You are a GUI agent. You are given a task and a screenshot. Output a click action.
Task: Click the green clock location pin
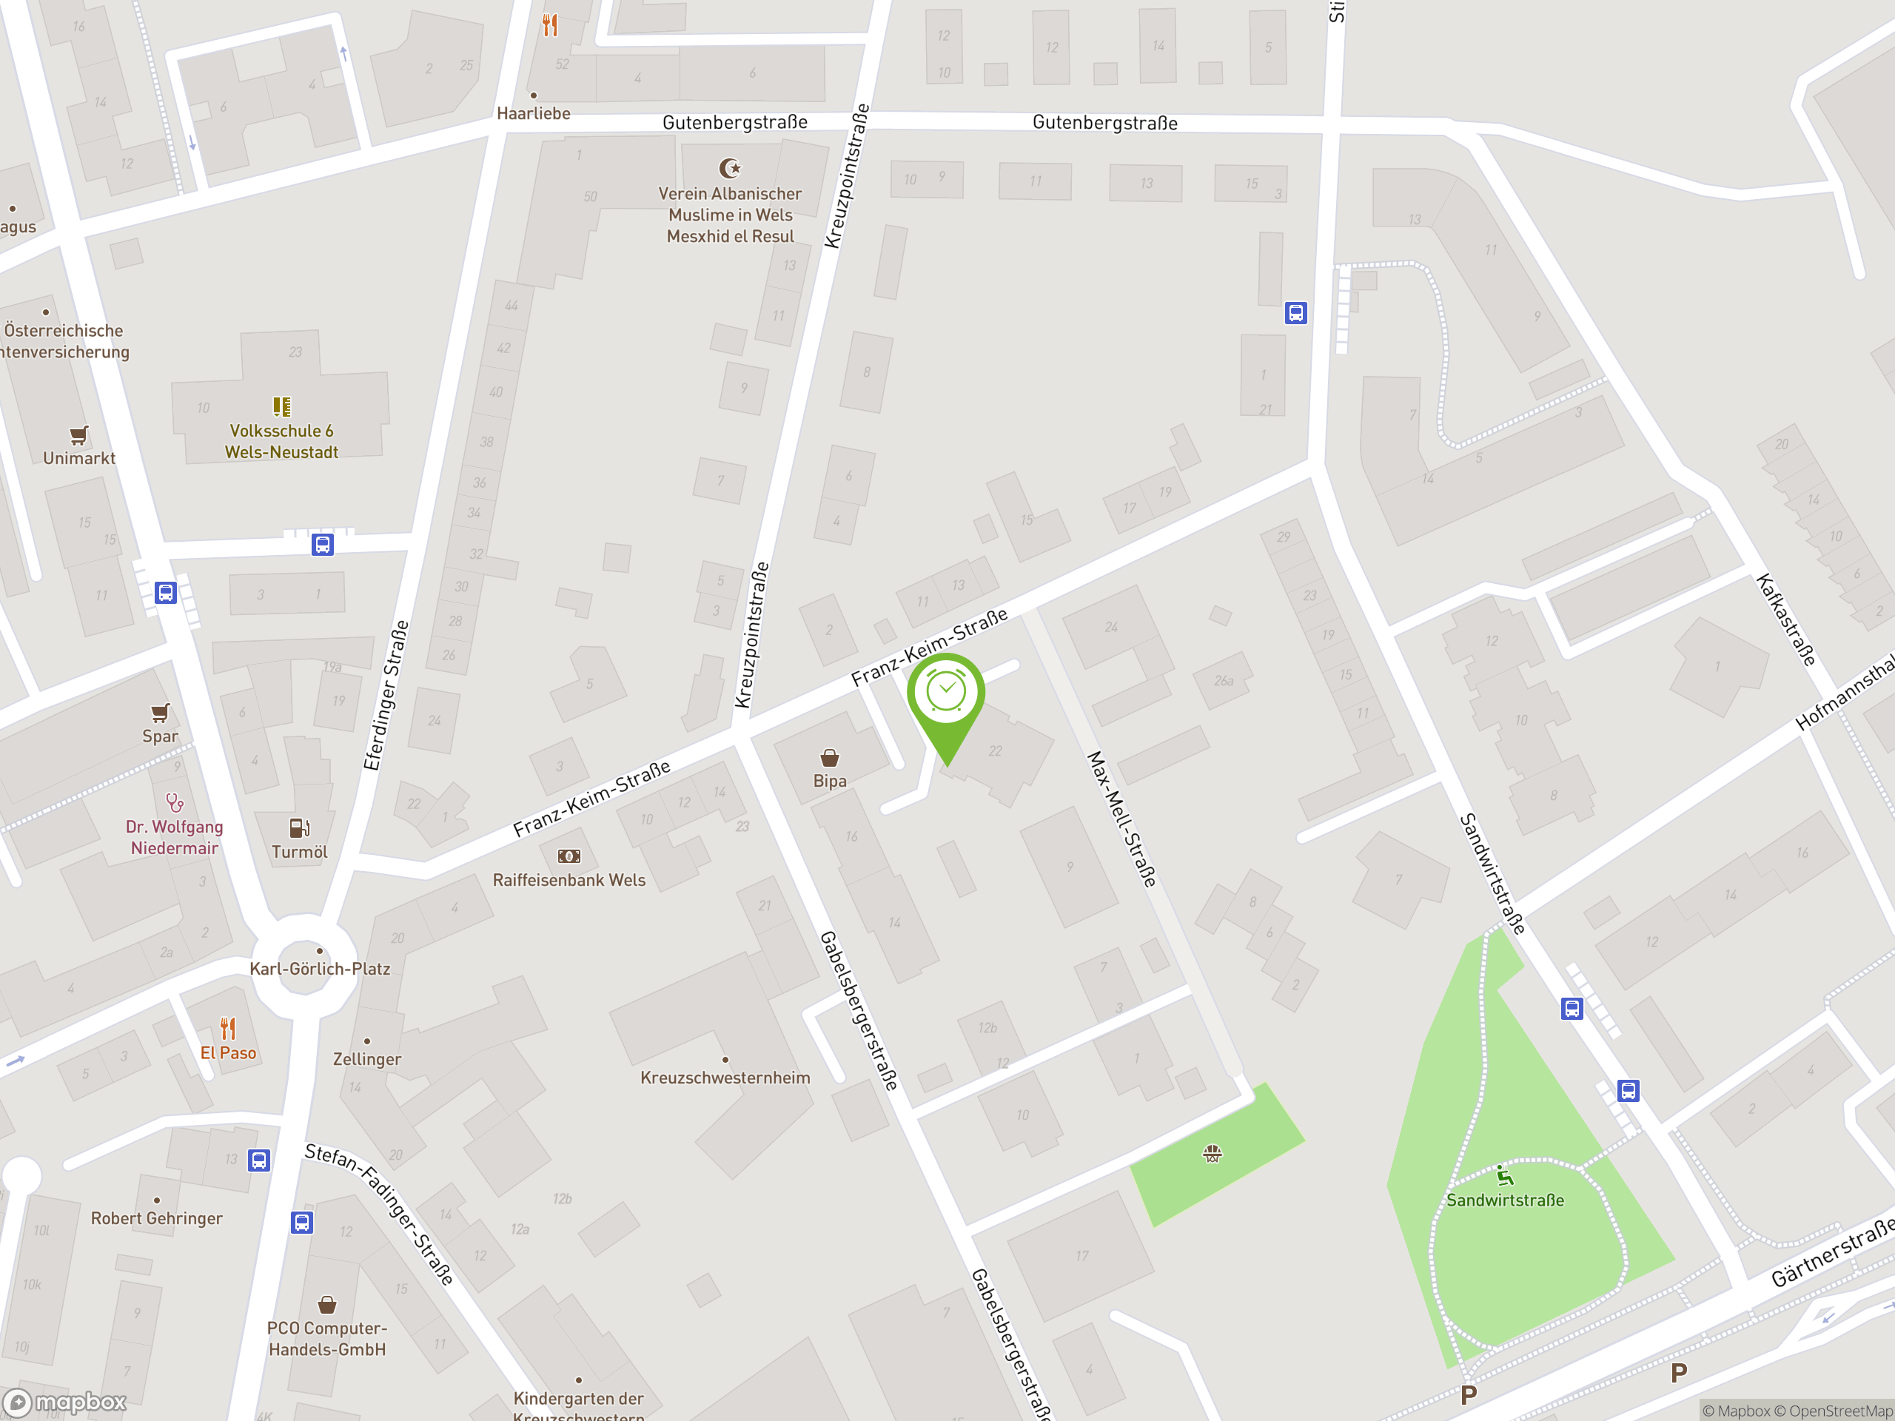946,696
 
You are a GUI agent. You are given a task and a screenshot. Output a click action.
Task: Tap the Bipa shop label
829,781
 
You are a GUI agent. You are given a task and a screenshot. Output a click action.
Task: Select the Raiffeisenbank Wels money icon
568,856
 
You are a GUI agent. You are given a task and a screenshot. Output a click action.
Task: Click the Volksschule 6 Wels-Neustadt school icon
281,406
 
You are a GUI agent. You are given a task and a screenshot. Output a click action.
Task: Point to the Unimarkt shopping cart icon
78,435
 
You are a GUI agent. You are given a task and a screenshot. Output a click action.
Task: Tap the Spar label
160,736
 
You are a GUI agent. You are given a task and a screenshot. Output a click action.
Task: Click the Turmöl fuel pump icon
299,827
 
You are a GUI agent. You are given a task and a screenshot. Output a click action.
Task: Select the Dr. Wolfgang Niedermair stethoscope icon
175,802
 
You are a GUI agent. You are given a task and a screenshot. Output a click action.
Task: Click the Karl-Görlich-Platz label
320,969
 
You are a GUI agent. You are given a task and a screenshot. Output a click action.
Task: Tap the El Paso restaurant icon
228,1027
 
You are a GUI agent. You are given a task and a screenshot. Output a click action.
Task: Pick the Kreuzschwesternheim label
725,1078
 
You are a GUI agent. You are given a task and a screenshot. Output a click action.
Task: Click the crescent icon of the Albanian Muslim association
730,168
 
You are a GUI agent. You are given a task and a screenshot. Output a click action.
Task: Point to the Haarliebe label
533,113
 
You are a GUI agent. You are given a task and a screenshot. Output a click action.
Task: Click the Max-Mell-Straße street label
1121,818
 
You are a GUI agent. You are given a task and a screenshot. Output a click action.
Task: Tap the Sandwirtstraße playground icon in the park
1504,1175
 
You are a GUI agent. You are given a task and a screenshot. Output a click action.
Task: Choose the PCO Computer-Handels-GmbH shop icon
326,1306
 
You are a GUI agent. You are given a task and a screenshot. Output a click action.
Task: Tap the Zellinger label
366,1058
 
